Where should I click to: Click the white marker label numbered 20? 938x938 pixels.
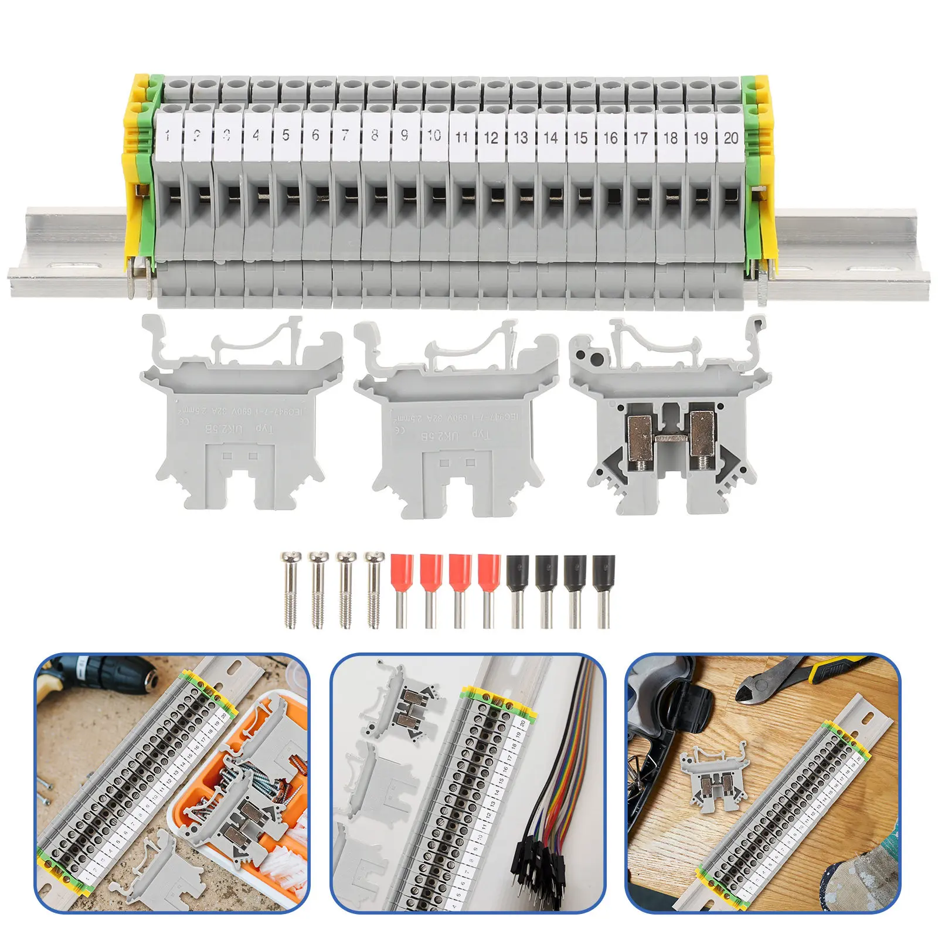pos(730,138)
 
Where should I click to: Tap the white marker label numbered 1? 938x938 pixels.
pos(168,136)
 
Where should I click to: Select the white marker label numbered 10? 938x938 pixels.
pos(434,136)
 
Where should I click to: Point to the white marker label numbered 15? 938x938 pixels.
pos(580,138)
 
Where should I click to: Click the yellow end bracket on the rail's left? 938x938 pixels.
pos(134,176)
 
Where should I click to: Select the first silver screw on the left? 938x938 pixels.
pos(290,589)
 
